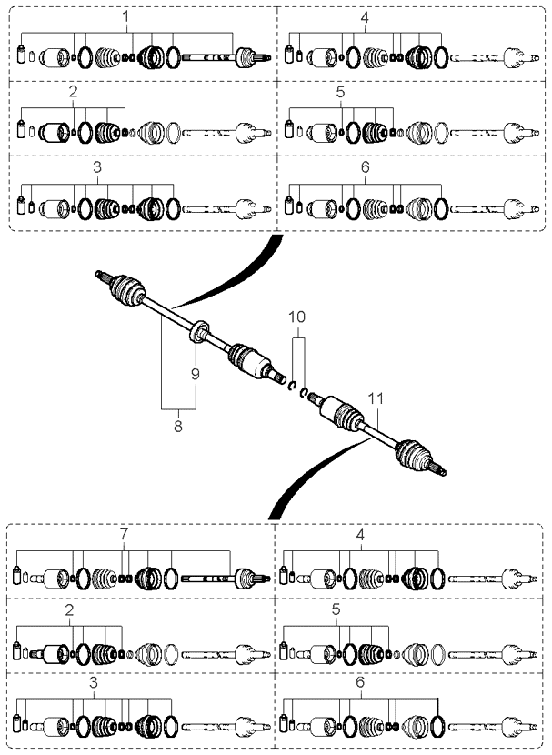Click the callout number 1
pos(125,17)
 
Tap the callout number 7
pos(124,534)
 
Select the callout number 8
pos(178,426)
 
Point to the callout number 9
pos(195,374)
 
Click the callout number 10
pos(297,317)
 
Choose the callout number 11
pos(376,398)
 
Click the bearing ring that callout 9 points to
pos(198,331)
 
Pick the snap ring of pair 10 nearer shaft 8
pos(291,386)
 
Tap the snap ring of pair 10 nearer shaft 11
pos(304,392)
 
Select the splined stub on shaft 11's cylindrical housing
pos(317,398)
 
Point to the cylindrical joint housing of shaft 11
pos(334,408)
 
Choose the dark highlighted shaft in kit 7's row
pos(207,579)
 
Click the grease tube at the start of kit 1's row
pos(21,54)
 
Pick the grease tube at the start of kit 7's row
pos(18,574)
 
